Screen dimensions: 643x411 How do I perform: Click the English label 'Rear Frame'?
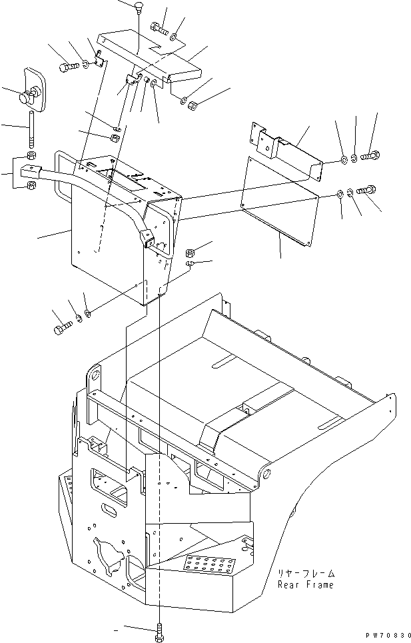[306, 585]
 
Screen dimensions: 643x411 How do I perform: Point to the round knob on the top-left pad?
[27, 97]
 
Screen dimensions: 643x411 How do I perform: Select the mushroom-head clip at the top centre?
[138, 7]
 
